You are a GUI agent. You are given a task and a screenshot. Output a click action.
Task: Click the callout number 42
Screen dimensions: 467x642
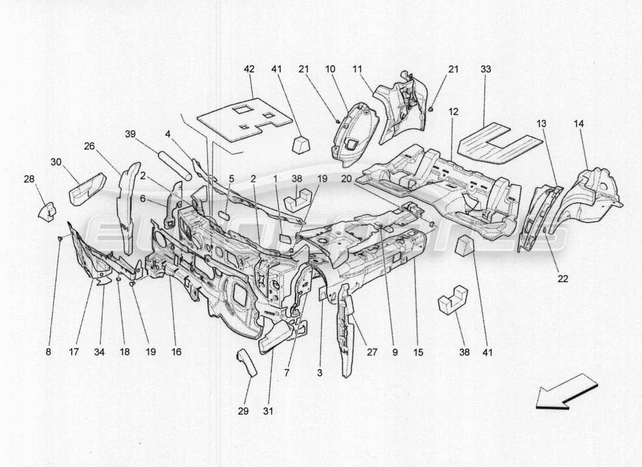(249, 69)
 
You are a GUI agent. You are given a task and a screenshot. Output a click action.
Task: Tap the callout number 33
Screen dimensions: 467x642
(486, 69)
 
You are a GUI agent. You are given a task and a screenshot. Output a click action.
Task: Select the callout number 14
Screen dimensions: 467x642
(578, 124)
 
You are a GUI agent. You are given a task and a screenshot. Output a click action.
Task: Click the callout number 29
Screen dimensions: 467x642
(243, 411)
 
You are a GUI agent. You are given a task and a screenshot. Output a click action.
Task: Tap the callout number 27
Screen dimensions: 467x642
(371, 352)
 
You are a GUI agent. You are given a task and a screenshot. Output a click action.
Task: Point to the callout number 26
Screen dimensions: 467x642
(89, 146)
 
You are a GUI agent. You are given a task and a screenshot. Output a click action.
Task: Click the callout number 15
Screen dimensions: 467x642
(417, 352)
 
